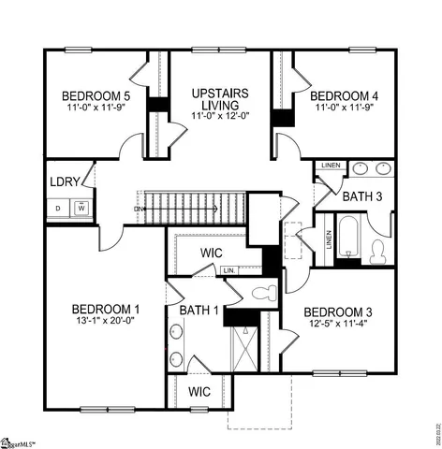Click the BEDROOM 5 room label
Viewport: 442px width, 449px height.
tap(96, 95)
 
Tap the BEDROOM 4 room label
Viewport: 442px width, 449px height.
tap(344, 95)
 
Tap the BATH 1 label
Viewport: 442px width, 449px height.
tap(199, 310)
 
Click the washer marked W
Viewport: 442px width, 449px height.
tap(81, 208)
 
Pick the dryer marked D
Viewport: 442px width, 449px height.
tap(59, 208)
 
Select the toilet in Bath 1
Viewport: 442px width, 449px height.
tap(263, 292)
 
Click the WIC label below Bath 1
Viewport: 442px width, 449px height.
tap(199, 390)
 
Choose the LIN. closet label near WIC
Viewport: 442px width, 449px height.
tap(228, 270)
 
